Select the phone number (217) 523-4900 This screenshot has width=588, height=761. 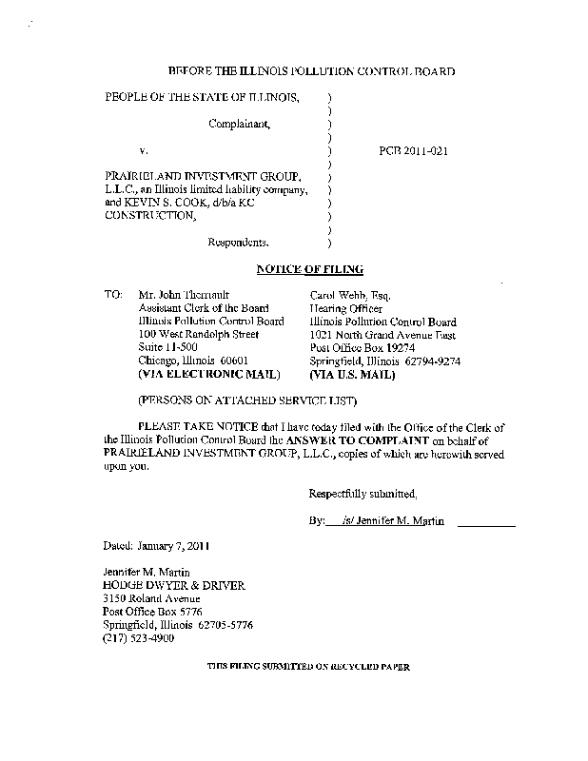[x=140, y=638]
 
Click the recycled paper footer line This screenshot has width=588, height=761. [x=309, y=669]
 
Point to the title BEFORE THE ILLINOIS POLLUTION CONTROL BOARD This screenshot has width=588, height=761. [x=311, y=71]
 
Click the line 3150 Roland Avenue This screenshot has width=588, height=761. [x=152, y=598]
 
